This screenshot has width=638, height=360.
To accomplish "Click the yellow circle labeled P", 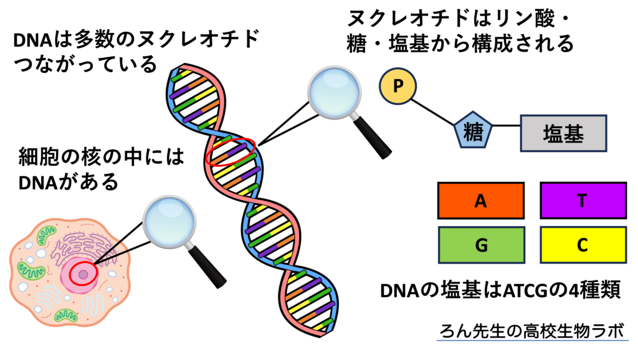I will coord(398,87).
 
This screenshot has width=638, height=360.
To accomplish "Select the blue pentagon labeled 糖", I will coord(473,131).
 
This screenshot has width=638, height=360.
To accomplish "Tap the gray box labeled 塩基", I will coord(563,133).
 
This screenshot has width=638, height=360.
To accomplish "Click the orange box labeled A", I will coord(480,201).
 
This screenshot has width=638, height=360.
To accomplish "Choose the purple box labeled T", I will coord(583,201).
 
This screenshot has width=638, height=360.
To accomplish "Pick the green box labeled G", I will coord(481,245).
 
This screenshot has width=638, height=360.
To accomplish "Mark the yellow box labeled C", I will coord(583,245).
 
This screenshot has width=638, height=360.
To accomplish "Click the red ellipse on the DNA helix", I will coord(231,152).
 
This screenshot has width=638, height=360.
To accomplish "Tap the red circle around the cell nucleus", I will coord(82,274).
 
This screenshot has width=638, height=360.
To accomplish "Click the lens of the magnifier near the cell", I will coord(169,221).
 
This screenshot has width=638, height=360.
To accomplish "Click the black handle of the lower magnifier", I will coord(209,267).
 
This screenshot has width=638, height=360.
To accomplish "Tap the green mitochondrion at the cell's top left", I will coord(46,235).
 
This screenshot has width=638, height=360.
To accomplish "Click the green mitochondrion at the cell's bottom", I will coord(66,315).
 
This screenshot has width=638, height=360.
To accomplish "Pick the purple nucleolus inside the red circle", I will coord(83,275).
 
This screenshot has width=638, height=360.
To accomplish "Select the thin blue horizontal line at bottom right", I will coord(532,340).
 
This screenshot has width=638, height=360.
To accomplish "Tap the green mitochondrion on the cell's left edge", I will coord(31,270).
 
